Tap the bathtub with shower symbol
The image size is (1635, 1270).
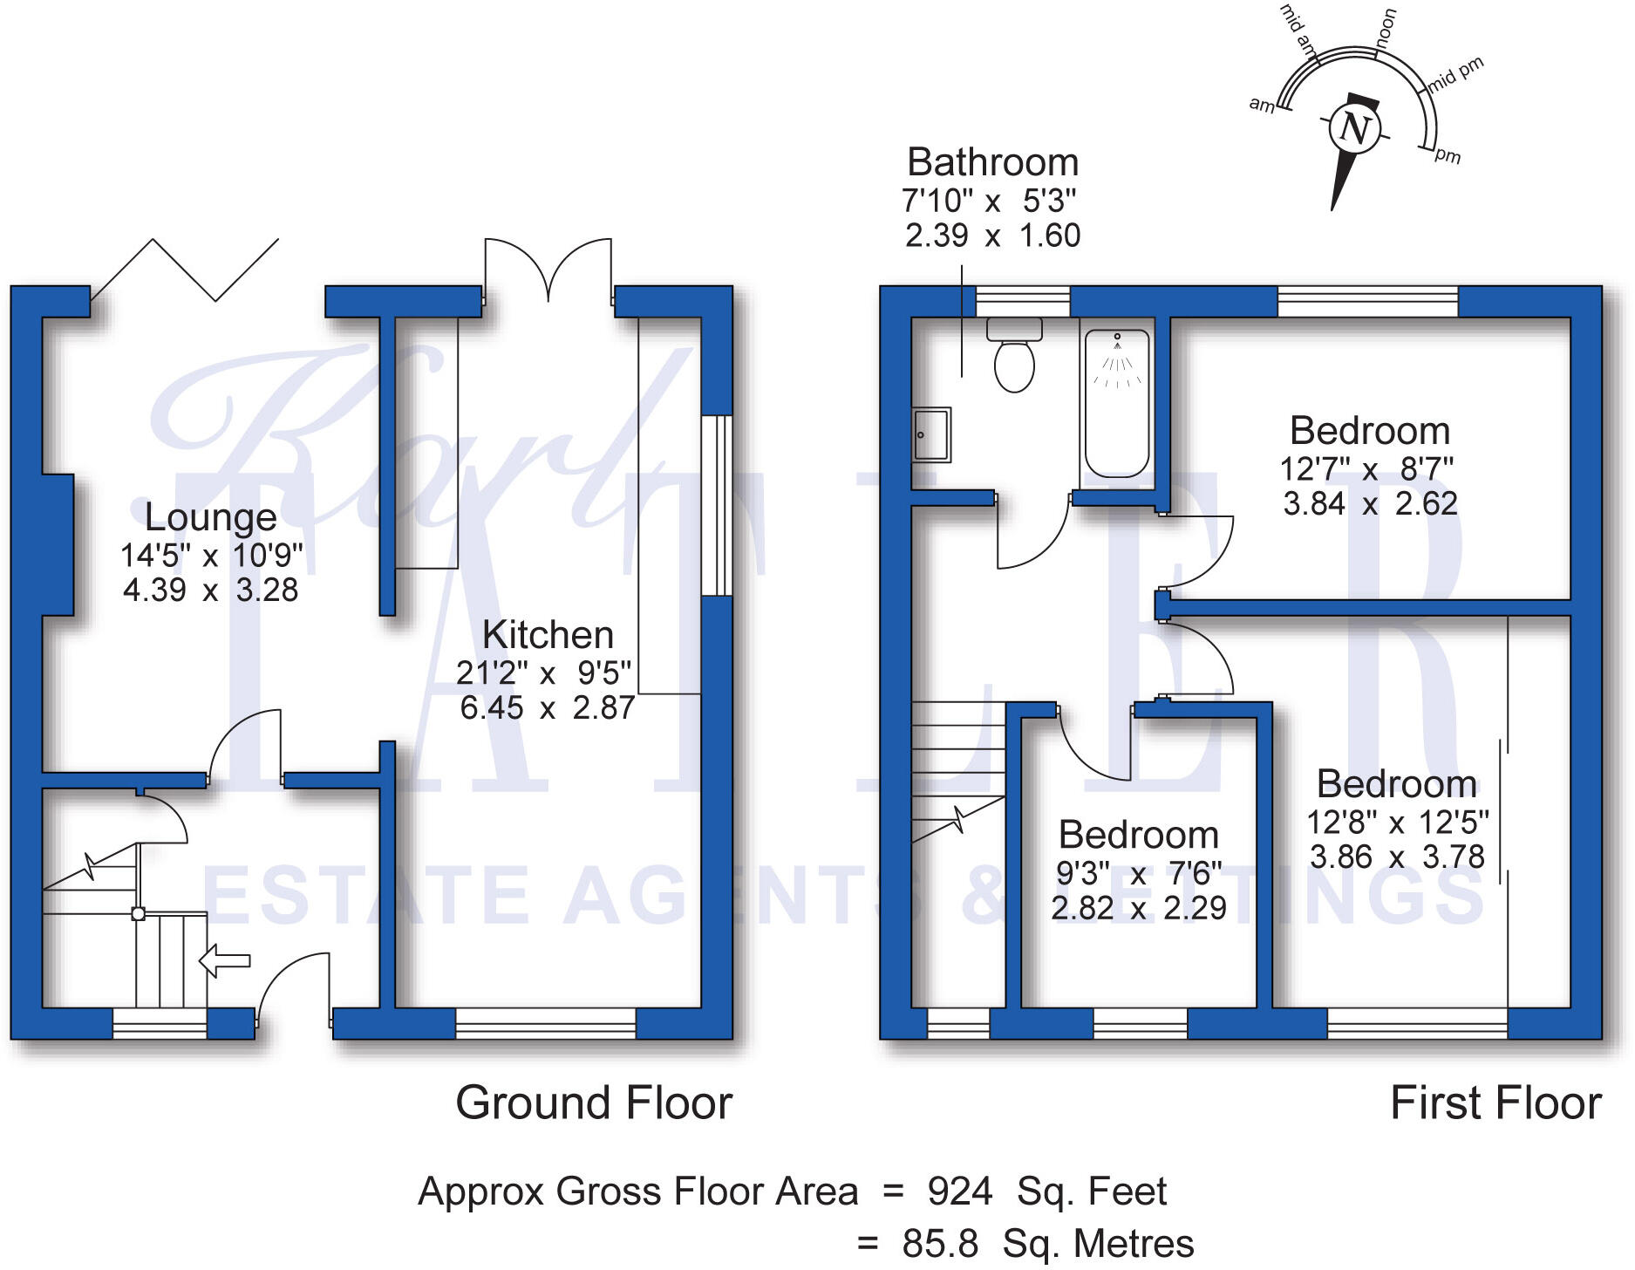click(x=1116, y=404)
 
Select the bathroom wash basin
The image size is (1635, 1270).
click(x=931, y=434)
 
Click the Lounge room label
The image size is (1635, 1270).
click(x=210, y=517)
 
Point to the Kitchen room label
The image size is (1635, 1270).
click(x=548, y=635)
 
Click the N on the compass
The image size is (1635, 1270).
click(x=1354, y=129)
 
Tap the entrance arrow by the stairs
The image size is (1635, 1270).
click(x=225, y=961)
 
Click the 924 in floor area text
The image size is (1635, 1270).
click(x=959, y=1191)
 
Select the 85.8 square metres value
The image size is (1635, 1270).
click(x=940, y=1244)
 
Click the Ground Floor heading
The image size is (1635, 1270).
click(x=594, y=1103)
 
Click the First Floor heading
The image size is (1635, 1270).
click(x=1495, y=1103)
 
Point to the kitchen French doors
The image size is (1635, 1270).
click(x=548, y=270)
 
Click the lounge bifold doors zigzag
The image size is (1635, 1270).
click(x=185, y=270)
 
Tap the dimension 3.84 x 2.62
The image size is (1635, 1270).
click(x=1370, y=504)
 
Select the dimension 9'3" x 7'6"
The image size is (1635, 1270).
click(x=1138, y=873)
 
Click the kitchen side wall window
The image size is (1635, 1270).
click(x=717, y=505)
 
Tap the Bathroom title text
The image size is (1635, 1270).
click(x=992, y=162)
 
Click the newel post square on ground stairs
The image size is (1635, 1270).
click(x=138, y=914)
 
